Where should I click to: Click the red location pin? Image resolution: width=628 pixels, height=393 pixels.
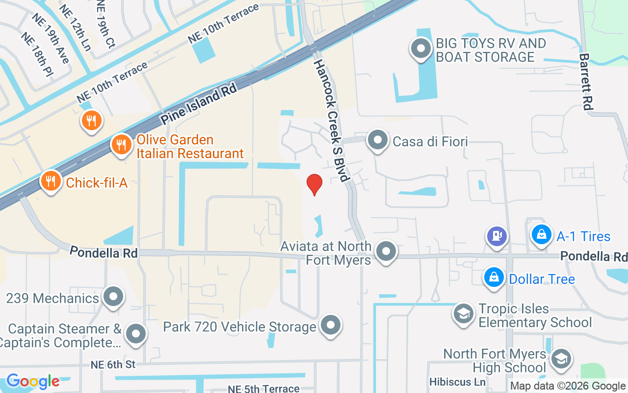(314, 184)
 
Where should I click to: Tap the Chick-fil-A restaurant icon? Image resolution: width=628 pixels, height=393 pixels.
(51, 181)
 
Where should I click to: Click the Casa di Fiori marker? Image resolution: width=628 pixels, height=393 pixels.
(378, 140)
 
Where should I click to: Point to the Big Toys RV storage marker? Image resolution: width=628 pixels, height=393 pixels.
(420, 49)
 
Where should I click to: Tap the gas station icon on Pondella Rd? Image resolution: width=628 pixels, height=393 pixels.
(497, 235)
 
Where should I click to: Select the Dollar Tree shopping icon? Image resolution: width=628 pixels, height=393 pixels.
(494, 278)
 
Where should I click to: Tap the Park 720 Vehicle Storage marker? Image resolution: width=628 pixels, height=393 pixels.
(331, 325)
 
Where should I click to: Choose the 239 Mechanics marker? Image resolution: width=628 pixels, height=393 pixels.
(114, 297)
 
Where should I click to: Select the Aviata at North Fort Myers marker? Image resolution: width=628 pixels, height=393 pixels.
(386, 252)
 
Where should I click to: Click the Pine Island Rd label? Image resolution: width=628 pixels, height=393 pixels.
(199, 104)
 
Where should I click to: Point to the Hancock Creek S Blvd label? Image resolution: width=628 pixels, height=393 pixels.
(332, 120)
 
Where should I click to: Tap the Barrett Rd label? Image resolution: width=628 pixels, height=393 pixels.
(586, 82)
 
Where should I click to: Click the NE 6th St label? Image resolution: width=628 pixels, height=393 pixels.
(113, 365)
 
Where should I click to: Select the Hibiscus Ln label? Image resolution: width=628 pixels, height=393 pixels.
(457, 382)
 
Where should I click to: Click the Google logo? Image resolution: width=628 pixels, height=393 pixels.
(33, 381)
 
